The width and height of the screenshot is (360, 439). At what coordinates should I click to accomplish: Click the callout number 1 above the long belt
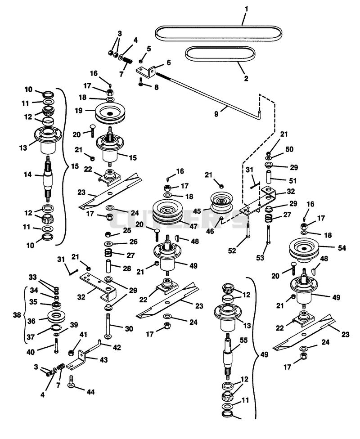pyautogui.click(x=246, y=9)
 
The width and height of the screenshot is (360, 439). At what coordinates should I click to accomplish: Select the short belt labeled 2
pyautogui.click(x=220, y=48)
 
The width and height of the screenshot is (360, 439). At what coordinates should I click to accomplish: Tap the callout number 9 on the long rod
pyautogui.click(x=216, y=114)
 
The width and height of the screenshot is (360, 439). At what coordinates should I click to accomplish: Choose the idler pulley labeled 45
pyautogui.click(x=221, y=202)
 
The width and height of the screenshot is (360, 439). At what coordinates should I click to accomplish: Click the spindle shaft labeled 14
pyautogui.click(x=49, y=179)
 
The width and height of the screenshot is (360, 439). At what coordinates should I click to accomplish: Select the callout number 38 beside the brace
pyautogui.click(x=17, y=315)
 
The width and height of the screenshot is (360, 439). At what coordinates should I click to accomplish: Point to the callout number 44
pyautogui.click(x=90, y=392)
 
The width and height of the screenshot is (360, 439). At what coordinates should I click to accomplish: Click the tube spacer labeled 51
pyautogui.click(x=269, y=177)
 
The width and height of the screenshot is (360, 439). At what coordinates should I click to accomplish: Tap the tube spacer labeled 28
pyautogui.click(x=109, y=267)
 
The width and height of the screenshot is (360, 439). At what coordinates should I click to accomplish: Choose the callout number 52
pyautogui.click(x=232, y=251)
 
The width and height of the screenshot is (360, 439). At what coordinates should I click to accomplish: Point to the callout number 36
pyautogui.click(x=31, y=321)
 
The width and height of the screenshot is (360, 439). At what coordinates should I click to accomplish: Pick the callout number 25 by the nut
pyautogui.click(x=127, y=230)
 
